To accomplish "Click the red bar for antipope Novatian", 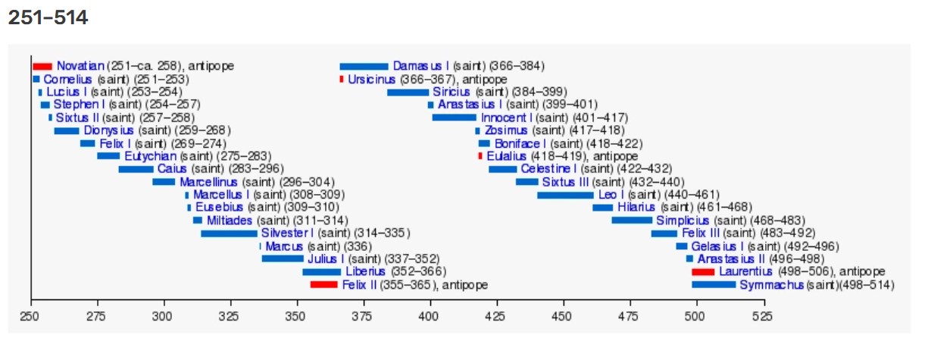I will coord(42,66).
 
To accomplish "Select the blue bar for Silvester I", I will coord(229,233).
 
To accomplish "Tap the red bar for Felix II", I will coord(323,285).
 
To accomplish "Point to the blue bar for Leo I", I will coord(565,195).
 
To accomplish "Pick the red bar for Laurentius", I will coord(703,271).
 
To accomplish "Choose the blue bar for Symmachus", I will coord(714,285).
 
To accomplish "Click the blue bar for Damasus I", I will coord(364,66).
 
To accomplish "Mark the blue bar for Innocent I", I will coord(455,117).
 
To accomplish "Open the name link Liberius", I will coord(365,272).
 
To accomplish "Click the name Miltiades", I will coord(229,221).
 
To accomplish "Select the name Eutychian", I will coord(151,156).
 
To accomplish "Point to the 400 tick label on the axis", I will coord(430,316).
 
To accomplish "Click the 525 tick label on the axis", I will coord(763,316).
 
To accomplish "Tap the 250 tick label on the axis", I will coord(30,316).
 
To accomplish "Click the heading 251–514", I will coord(48,17).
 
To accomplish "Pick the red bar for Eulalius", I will coord(480,156).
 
